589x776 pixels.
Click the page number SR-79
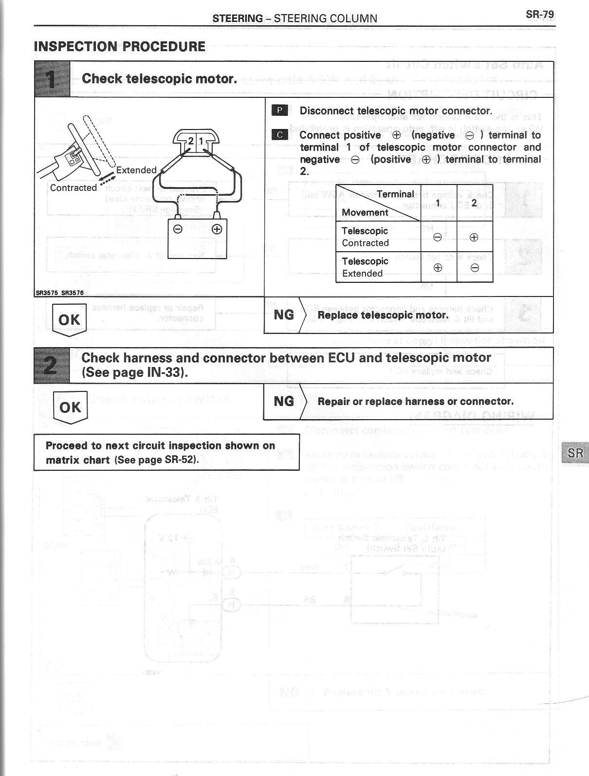539,14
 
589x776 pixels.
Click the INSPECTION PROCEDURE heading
120,47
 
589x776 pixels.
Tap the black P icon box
279,111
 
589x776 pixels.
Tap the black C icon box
279,135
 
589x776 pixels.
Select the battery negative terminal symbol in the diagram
178,229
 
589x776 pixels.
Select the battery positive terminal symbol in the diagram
217,229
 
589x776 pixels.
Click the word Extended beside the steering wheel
136,170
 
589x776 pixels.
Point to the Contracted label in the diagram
74,187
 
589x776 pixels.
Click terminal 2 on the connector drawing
191,141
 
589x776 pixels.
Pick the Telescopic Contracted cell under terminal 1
438,237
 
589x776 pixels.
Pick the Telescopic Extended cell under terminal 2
475,267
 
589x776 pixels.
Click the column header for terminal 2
474,203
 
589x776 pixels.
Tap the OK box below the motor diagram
69,319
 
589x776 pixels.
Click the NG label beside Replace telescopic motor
284,315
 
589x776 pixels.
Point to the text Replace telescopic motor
383,315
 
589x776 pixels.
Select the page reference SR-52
181,460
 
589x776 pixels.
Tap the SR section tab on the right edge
575,453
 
